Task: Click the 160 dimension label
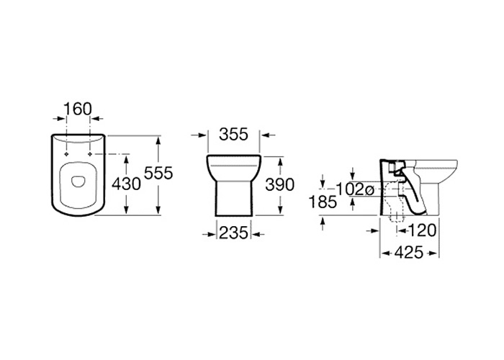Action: [x=78, y=109]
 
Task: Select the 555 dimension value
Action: [x=158, y=174]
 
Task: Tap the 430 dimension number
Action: [x=126, y=184]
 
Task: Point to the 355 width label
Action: [x=234, y=134]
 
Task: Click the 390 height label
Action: [x=279, y=184]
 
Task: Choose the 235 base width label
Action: [x=234, y=233]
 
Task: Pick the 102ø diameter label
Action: [x=355, y=189]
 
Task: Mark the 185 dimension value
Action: [x=323, y=202]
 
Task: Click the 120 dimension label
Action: [x=422, y=230]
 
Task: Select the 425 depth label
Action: [x=409, y=253]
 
